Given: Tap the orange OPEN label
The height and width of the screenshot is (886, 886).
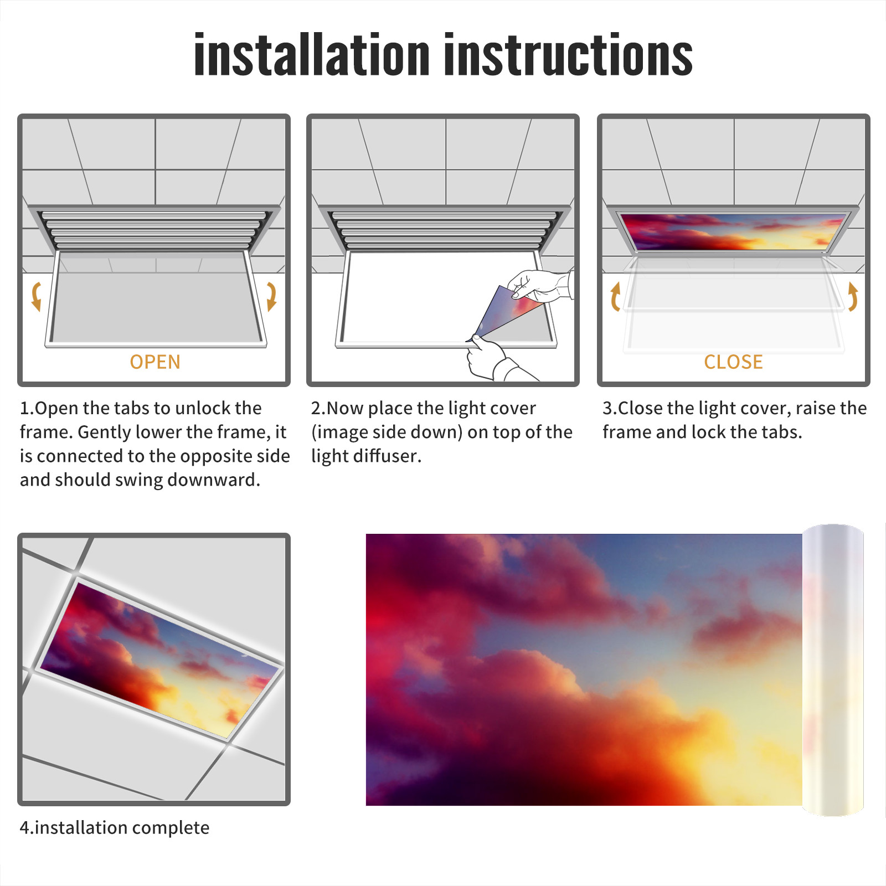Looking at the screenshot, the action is pyautogui.click(x=155, y=362).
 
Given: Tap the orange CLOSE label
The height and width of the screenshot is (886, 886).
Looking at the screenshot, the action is pyautogui.click(x=733, y=362).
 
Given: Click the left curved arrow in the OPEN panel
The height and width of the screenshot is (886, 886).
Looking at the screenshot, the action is pyautogui.click(x=37, y=296).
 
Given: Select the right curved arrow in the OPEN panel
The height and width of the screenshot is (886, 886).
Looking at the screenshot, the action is pyautogui.click(x=271, y=296).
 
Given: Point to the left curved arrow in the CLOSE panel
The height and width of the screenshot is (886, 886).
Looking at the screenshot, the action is pyautogui.click(x=615, y=296).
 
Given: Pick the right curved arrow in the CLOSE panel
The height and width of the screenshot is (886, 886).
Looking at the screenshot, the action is pyautogui.click(x=853, y=296).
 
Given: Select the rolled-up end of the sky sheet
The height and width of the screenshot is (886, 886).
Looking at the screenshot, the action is pyautogui.click(x=833, y=670).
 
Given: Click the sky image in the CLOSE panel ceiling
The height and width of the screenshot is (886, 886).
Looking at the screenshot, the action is pyautogui.click(x=733, y=232).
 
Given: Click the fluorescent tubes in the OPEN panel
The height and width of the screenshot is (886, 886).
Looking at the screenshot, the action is pyautogui.click(x=154, y=230).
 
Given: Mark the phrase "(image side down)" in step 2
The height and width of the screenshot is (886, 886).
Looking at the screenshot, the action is pyautogui.click(x=387, y=432).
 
